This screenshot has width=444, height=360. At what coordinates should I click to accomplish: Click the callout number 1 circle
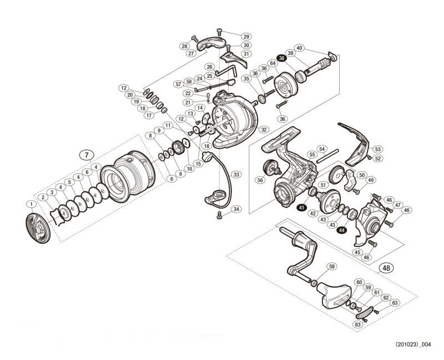point(29,204)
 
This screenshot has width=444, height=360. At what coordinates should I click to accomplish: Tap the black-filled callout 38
point(282,58)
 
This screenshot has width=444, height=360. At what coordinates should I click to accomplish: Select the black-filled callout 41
point(301,207)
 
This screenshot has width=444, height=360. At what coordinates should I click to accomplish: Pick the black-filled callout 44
point(341,229)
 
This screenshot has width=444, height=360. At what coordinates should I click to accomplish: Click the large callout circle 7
point(86,155)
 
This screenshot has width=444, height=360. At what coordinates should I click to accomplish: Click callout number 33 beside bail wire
point(237,174)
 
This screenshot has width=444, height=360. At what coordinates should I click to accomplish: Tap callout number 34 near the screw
point(237,209)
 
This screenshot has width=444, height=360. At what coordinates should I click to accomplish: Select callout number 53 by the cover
point(377,149)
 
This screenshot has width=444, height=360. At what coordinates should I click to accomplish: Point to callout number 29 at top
point(246,37)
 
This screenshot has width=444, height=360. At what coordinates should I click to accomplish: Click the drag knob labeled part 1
point(38,228)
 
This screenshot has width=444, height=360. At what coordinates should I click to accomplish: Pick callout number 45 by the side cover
point(357,252)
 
